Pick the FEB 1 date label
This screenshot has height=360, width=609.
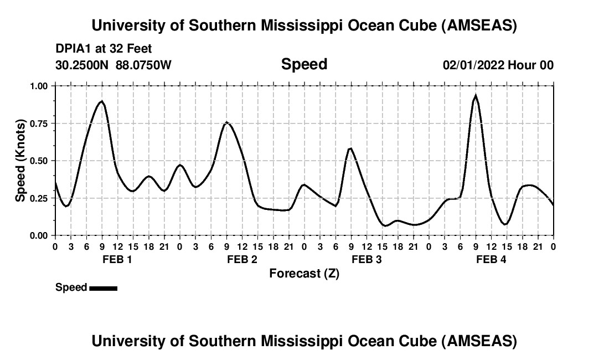tap(117, 260)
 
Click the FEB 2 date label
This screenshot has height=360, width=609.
tap(242, 260)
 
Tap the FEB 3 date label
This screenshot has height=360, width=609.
tap(367, 260)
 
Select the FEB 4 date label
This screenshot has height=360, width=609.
tap(491, 260)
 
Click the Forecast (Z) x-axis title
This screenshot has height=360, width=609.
tap(304, 274)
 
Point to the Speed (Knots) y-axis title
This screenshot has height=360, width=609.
tap(20, 161)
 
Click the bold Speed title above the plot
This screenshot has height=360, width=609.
tap(304, 64)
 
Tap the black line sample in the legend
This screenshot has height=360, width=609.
tap(103, 288)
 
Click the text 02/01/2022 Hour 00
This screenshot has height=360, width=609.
tap(498, 65)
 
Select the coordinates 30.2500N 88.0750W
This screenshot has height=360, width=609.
tap(113, 65)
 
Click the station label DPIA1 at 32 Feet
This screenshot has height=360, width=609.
tap(104, 49)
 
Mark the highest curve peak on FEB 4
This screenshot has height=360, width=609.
tap(476, 96)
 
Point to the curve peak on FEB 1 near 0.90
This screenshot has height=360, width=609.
tap(101, 101)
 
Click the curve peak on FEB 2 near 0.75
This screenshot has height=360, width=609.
tap(226, 122)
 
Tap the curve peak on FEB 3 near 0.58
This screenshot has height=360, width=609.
tap(350, 148)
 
